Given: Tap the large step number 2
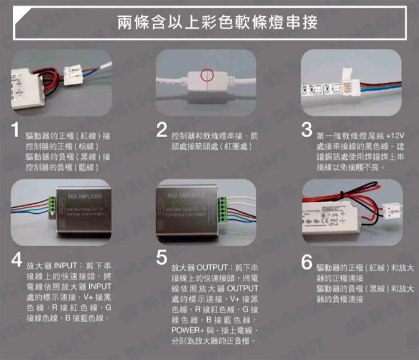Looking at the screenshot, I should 160,131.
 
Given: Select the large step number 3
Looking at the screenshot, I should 306,131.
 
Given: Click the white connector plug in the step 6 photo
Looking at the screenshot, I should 391,208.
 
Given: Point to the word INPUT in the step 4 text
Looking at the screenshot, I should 65,264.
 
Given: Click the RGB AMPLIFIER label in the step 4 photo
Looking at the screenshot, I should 84,196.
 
